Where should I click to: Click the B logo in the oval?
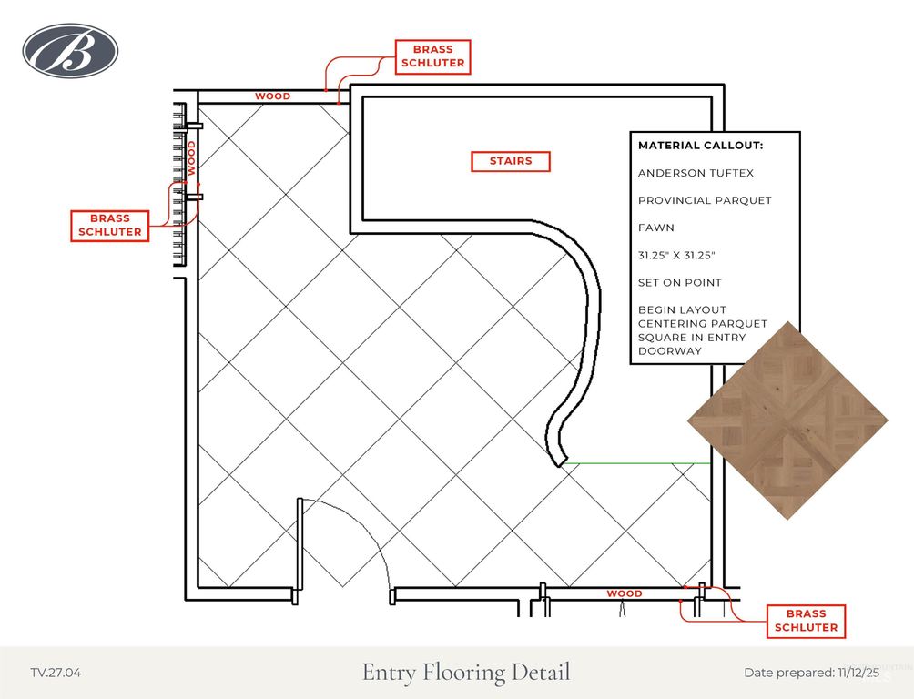click(70, 51)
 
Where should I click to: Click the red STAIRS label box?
click(511, 161)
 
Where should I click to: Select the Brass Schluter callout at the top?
click(432, 56)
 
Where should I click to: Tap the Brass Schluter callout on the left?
click(109, 225)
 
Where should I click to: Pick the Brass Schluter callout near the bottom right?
click(806, 621)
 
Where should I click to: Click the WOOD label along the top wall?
click(273, 96)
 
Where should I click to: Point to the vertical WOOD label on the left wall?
click(191, 158)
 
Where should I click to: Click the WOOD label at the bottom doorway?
click(625, 593)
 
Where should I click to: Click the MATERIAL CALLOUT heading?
click(700, 146)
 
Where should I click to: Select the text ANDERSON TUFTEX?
click(696, 173)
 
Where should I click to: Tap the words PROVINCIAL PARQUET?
click(705, 200)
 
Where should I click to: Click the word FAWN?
click(655, 228)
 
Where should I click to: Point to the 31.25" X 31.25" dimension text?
click(676, 256)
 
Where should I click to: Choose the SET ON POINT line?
click(680, 283)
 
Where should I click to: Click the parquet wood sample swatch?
click(787, 420)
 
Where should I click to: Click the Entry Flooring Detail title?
click(466, 673)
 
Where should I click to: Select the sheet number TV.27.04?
click(56, 673)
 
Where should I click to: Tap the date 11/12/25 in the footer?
click(858, 673)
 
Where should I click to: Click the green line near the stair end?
click(637, 463)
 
